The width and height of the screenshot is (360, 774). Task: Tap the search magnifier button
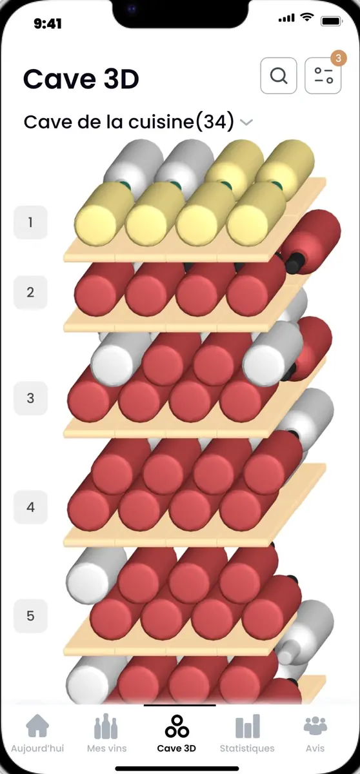pos(279,75)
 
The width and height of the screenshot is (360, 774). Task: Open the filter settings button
pos(323,75)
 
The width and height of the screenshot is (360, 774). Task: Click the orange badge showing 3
pos(339,58)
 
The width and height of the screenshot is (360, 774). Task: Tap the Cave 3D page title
pos(81,79)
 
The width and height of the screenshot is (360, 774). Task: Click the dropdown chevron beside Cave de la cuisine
pos(246,122)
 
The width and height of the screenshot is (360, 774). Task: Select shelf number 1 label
pos(30,222)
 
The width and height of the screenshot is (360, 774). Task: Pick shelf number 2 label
pos(30,292)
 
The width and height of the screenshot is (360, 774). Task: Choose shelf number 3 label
pos(30,398)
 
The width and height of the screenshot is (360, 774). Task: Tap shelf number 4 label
pos(30,507)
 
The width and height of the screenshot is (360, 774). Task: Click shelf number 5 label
pos(30,616)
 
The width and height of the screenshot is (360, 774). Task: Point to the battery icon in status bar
pos(332,21)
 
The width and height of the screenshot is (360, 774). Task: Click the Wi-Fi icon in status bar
pos(307,17)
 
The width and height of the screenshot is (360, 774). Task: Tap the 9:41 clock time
pos(48,23)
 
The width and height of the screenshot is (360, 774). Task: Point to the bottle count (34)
pos(215,122)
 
